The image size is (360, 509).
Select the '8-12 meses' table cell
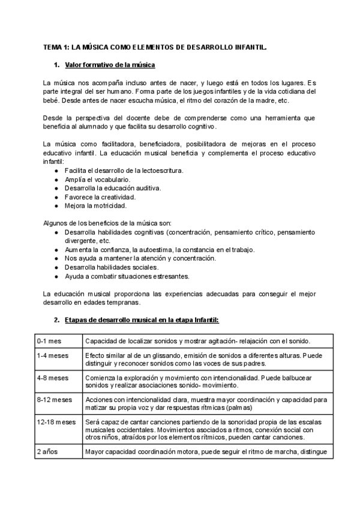click(x=54, y=400)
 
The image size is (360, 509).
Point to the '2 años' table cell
click(x=47, y=452)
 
